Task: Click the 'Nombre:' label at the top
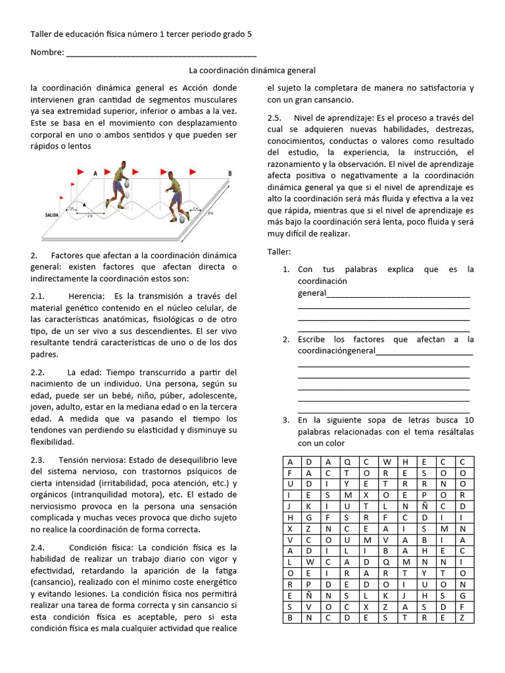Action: (x=47, y=53)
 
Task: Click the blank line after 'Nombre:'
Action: (x=161, y=54)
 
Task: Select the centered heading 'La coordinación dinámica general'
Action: (x=252, y=70)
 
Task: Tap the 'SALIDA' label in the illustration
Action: (x=53, y=214)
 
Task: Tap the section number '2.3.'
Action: (x=37, y=459)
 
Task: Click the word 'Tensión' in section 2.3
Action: (x=74, y=459)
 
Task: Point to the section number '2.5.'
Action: (x=274, y=118)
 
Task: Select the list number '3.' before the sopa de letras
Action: (x=286, y=420)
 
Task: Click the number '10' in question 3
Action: (x=468, y=420)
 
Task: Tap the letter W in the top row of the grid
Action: (x=386, y=461)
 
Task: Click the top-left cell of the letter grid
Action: (x=289, y=461)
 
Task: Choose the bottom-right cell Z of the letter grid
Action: (x=463, y=618)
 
